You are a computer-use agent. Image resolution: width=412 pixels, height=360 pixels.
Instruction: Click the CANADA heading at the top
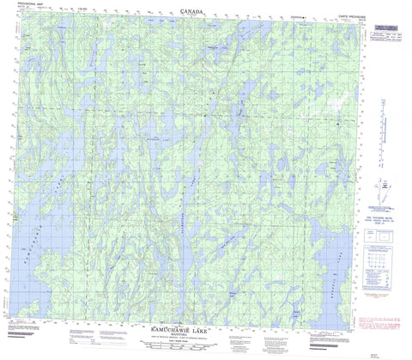click(x=194, y=10)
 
